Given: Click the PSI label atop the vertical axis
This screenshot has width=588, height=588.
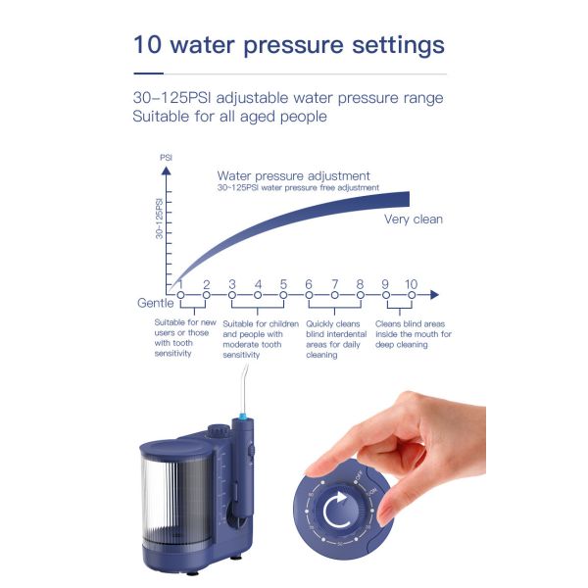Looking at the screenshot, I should tap(166, 156).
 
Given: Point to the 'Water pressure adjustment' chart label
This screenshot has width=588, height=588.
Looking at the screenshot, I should tap(293, 175).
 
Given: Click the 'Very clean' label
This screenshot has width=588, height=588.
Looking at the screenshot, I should tap(413, 220).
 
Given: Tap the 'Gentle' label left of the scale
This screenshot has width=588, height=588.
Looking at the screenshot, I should tap(156, 303).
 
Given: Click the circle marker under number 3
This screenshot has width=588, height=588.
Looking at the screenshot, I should tap(232, 294).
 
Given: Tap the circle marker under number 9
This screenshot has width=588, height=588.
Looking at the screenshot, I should tap(385, 294).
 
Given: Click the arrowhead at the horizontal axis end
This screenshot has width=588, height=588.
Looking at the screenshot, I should tap(434, 294).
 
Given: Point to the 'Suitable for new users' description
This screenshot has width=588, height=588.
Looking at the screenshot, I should tap(186, 337).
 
